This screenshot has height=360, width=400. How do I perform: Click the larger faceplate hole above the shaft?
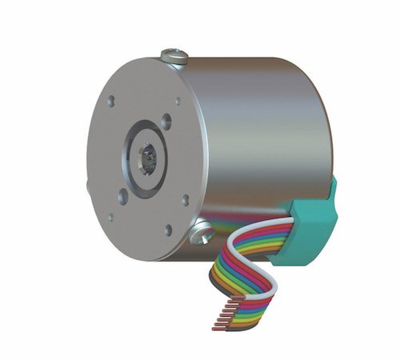click(x=166, y=122)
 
